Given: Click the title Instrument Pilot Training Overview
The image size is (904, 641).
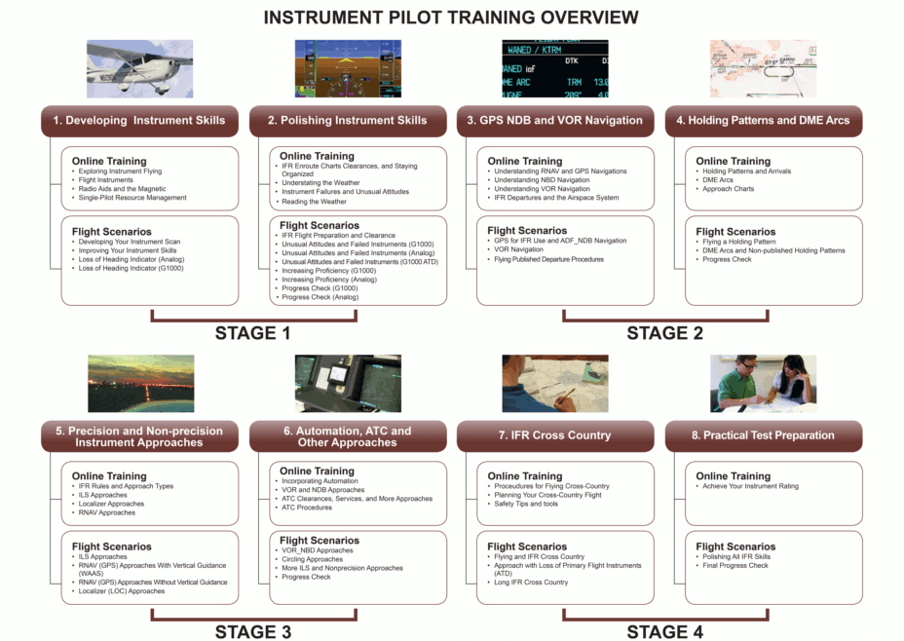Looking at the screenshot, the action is pos(451,18).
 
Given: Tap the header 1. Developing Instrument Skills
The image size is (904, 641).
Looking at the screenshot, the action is pos(139,121).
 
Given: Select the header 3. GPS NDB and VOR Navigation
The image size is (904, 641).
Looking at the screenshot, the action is pos(554,121).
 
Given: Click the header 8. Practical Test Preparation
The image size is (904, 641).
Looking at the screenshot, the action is pos(764,435).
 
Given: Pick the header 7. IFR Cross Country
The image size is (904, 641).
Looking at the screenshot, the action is pos(554,435).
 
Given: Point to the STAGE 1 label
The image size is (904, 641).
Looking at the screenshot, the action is pos(252,333).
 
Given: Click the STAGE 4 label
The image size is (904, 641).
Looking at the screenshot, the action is pos(664,632).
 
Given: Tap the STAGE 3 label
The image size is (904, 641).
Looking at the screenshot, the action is pos(253,632).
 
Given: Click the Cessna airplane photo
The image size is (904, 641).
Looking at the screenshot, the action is pos(139,68).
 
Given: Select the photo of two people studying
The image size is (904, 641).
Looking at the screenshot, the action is pos(764,383).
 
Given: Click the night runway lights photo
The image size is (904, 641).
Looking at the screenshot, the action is pos(140,383).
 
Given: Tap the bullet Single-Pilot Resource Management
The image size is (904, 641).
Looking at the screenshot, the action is pos(132,198).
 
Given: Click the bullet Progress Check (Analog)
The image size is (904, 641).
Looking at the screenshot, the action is pos(320,297).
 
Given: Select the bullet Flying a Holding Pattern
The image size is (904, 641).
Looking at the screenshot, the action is pos(739,243).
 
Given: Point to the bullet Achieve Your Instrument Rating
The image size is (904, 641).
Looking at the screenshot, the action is pos(751,486).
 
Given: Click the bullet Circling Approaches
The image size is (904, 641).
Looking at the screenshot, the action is pos(312,559).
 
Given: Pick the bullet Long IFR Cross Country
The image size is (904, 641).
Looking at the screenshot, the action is pos(531,583).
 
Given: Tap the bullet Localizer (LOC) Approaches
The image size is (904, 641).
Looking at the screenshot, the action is pos(122,591).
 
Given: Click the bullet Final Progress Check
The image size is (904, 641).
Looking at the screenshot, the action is pos(735,565).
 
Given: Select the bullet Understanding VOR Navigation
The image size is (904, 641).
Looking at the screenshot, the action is pos(542,189).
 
